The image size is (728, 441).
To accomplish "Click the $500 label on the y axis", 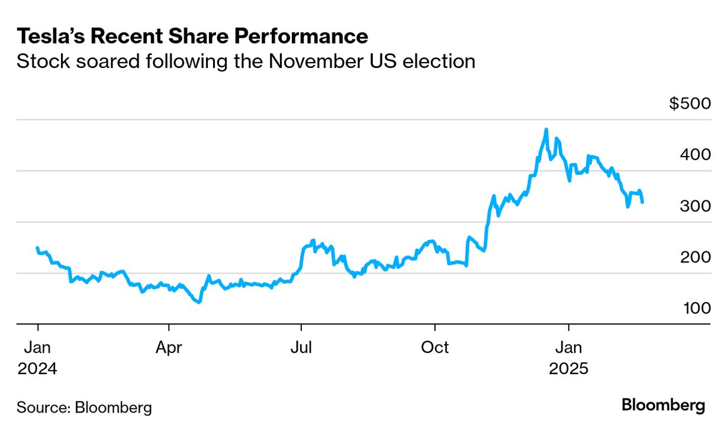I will click(690, 104).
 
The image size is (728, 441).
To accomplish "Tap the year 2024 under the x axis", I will click(37, 369).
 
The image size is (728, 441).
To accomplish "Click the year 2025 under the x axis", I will click(569, 369).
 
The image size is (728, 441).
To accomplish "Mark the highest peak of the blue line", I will click(546, 129).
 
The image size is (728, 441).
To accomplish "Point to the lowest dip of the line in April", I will click(199, 302).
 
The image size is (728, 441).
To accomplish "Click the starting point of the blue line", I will click(37, 248).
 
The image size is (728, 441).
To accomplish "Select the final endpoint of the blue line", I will click(643, 202).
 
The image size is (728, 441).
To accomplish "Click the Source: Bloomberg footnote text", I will click(84, 407).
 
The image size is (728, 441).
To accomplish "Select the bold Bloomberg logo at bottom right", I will click(663, 406).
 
